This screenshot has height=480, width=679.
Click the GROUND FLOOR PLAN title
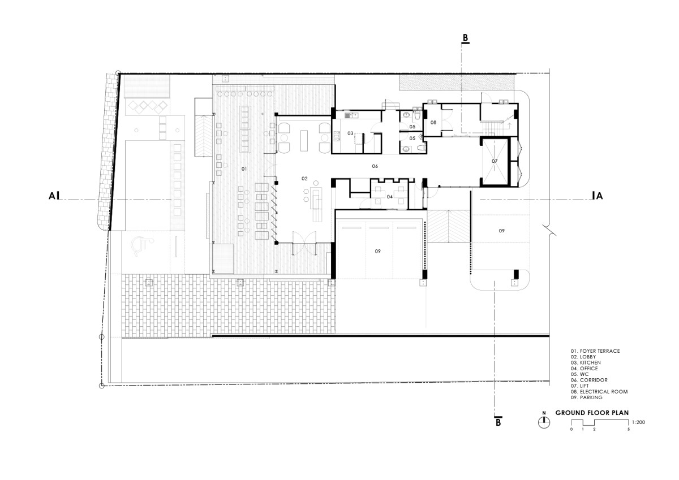pos(592,413)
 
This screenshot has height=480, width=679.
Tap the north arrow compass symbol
pos(544,422)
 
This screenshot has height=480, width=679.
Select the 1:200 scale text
pos(638,422)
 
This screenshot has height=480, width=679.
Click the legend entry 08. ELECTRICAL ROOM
pos(599,392)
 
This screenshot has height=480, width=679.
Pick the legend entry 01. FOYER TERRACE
pos(595,351)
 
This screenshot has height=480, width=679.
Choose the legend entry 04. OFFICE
pos(584,369)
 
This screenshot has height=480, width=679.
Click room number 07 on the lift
pos(495,161)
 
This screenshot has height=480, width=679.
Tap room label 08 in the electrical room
pos(433,123)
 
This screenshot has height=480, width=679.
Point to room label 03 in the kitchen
pos(350,133)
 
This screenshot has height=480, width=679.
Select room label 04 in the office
pos(389,197)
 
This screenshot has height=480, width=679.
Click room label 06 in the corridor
pos(375,166)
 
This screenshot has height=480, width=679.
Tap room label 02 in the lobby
pos(304,179)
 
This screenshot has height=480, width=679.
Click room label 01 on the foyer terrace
pos(244,168)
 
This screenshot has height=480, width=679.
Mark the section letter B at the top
pos(465,38)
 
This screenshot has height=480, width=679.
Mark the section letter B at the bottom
pos(498,422)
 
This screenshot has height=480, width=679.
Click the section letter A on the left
pos(52,196)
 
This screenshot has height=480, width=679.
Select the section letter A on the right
pos(599,196)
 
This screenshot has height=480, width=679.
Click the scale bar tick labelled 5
pos(629,430)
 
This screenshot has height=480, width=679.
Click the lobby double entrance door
pos(304,243)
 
